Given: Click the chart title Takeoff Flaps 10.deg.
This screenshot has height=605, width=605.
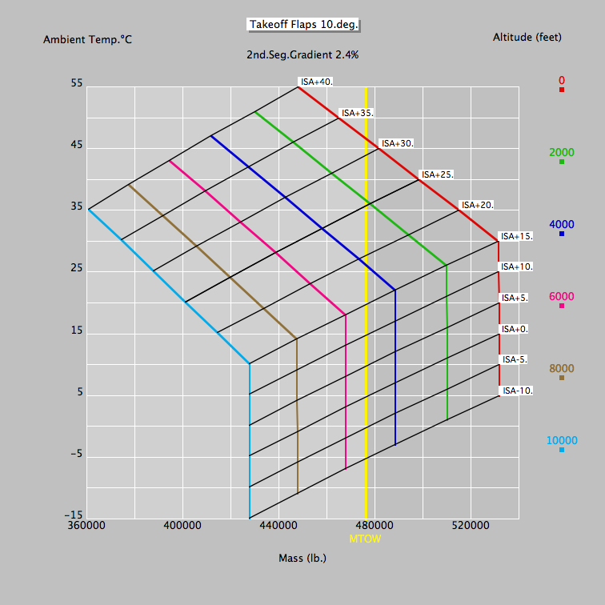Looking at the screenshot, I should click(302, 25).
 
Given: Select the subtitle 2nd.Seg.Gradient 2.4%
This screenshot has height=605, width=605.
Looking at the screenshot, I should click(302, 55).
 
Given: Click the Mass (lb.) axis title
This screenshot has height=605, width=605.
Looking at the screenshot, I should click(302, 558).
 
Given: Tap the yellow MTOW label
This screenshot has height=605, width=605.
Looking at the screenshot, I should click(365, 539).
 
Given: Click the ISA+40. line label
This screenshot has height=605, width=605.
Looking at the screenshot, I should click(317, 82).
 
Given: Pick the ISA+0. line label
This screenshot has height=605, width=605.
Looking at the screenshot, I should click(515, 329).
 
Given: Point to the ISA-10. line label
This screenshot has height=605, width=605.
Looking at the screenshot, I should click(517, 391).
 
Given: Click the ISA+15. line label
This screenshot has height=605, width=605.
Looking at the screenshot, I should click(516, 236).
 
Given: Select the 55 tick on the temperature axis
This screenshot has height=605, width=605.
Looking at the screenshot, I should click(76, 83).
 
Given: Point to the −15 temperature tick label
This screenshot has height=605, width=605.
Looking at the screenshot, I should click(74, 515).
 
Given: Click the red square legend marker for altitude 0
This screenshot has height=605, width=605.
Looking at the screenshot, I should click(562, 90).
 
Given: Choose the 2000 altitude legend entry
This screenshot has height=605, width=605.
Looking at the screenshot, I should click(562, 152).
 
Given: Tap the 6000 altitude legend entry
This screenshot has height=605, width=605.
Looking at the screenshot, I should click(562, 296).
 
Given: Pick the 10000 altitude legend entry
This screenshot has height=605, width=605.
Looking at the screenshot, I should click(562, 440).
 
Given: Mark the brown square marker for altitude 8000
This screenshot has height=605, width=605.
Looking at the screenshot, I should click(562, 378).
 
